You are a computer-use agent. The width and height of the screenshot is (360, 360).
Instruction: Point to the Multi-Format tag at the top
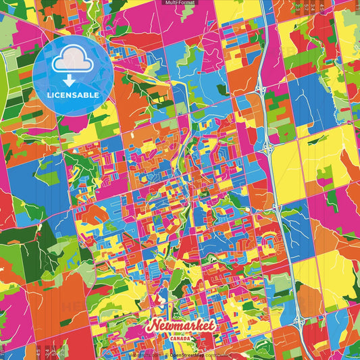(180, 3)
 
